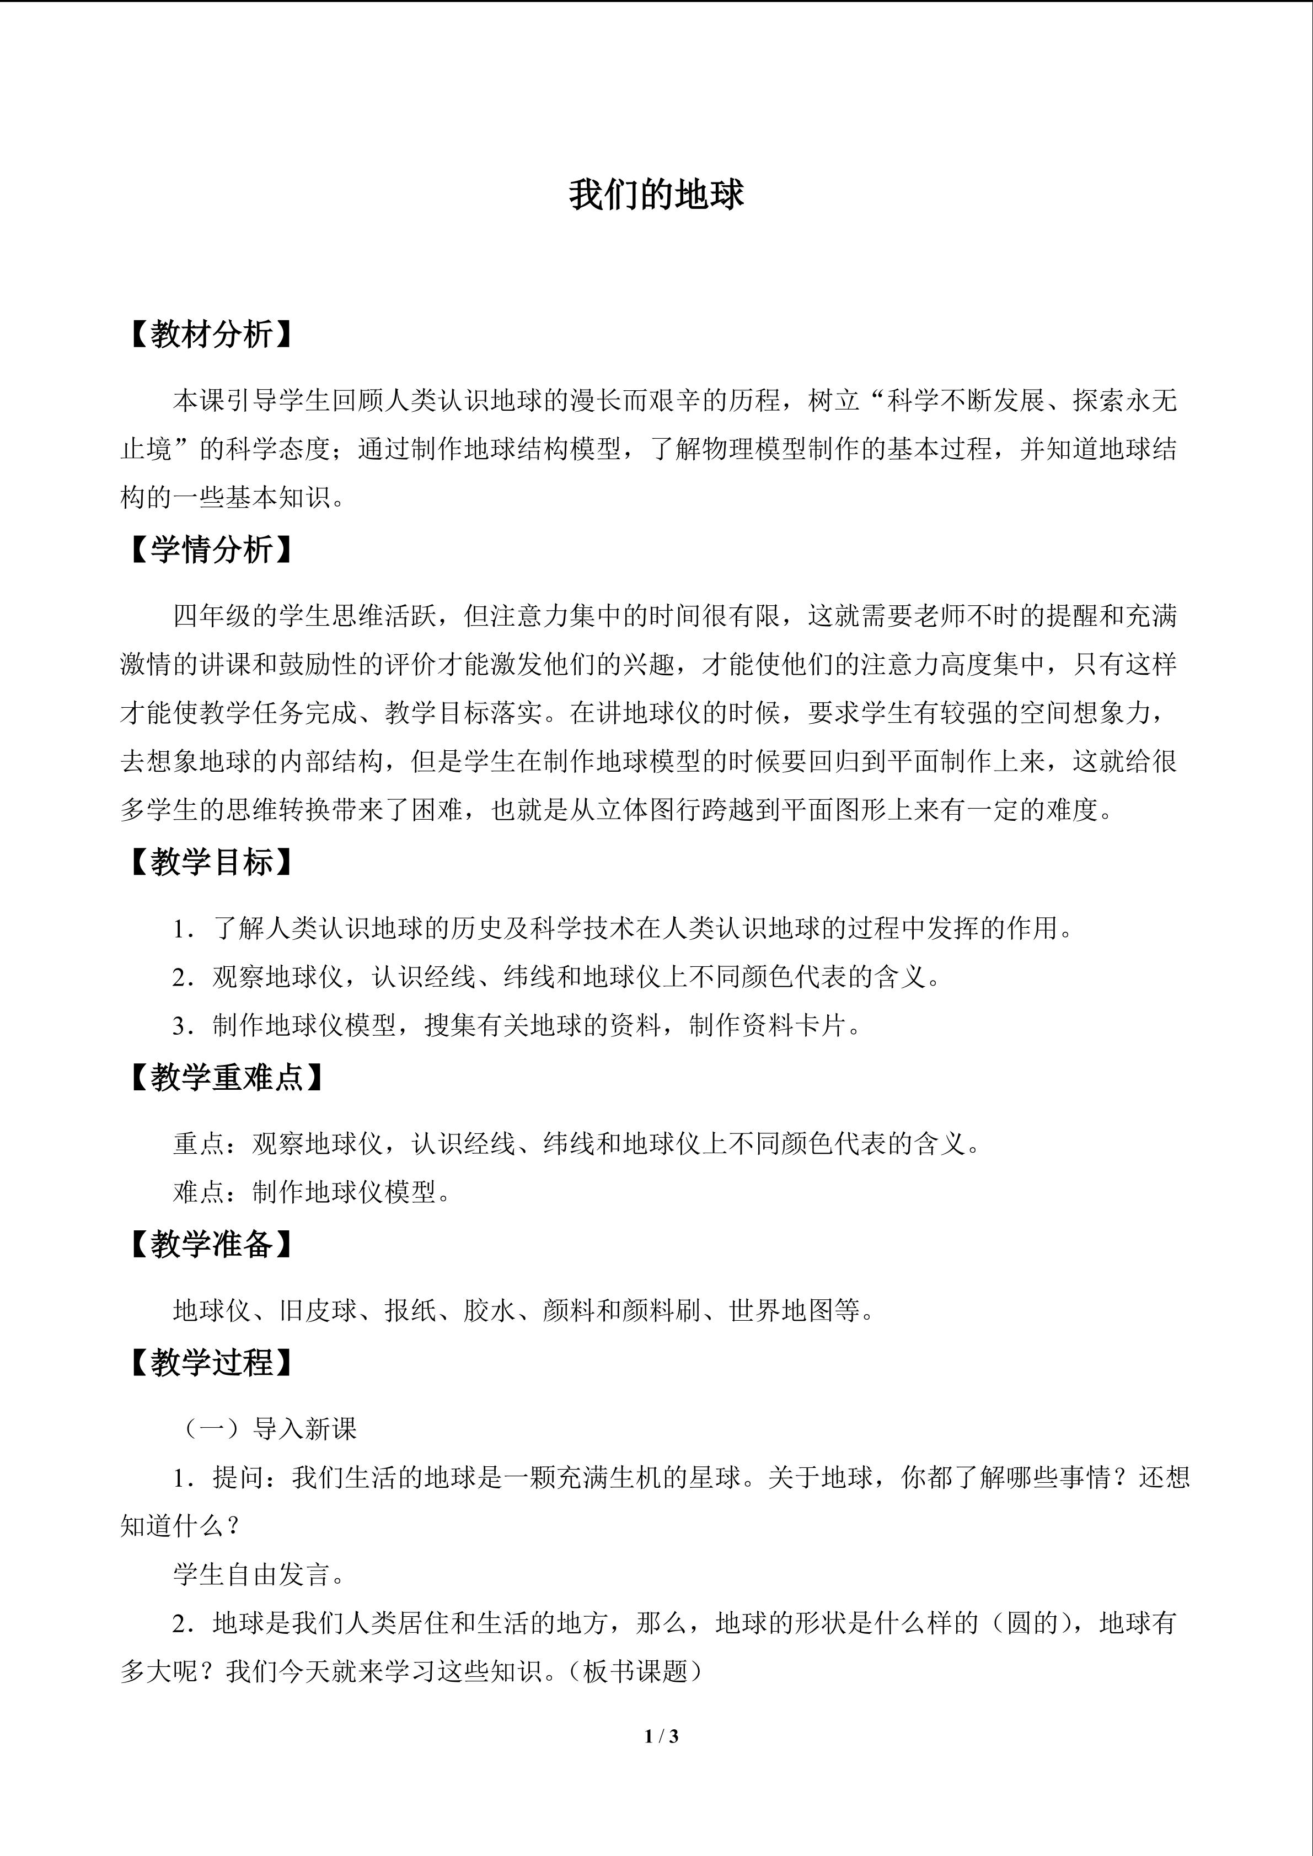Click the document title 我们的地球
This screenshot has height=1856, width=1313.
click(656, 195)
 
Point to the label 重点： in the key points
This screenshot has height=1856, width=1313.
click(212, 1143)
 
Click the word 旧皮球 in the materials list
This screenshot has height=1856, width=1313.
click(318, 1310)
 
